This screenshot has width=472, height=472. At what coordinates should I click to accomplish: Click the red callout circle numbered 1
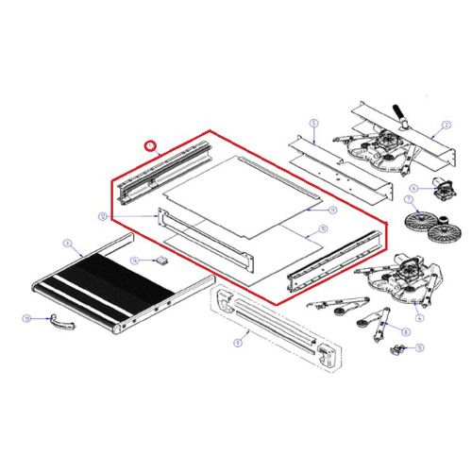pos(147,145)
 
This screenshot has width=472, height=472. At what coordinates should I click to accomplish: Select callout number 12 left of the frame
pos(102,215)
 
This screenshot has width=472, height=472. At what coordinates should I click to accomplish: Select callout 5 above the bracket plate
pos(314,122)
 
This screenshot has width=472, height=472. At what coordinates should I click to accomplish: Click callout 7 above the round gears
pos(409,201)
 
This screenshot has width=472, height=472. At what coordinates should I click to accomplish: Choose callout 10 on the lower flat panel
pos(322,228)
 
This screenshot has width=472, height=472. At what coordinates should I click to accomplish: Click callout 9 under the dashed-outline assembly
pos(239,344)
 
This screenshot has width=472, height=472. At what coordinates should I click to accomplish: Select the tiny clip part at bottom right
pos(397,351)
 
